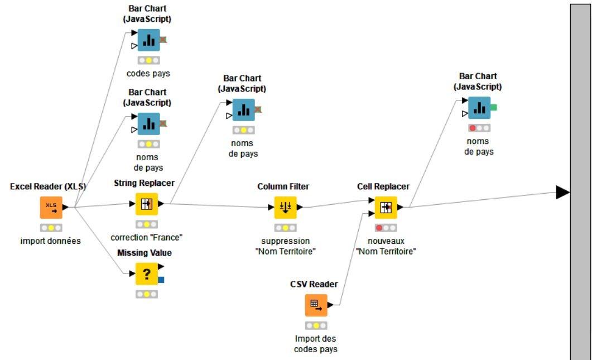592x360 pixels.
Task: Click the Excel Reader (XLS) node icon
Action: (x=51, y=207)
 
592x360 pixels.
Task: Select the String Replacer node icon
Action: (x=147, y=204)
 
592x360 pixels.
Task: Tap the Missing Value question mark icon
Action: (x=147, y=273)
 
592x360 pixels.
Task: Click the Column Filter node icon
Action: (x=285, y=207)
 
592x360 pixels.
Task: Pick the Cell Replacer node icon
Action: (x=386, y=207)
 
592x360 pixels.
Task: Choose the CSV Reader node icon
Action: (x=316, y=305)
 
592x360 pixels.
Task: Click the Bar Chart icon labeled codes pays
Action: (x=148, y=40)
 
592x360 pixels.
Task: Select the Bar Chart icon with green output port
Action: (x=479, y=108)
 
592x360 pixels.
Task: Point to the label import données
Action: (x=51, y=241)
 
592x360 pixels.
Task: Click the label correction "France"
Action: (x=147, y=237)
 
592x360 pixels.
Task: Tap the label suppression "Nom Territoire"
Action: (x=285, y=246)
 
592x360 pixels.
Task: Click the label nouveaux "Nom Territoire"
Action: (x=386, y=246)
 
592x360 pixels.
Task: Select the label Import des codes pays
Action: (x=316, y=344)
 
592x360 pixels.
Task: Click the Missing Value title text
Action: (x=145, y=253)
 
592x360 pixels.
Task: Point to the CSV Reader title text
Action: (x=314, y=284)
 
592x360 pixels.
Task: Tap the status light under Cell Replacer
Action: (x=386, y=228)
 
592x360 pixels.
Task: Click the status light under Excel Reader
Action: (x=51, y=228)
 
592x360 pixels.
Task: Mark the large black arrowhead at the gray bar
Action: (x=562, y=193)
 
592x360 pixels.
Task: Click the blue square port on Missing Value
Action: (x=161, y=280)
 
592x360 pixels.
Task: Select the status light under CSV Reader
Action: (x=316, y=325)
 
